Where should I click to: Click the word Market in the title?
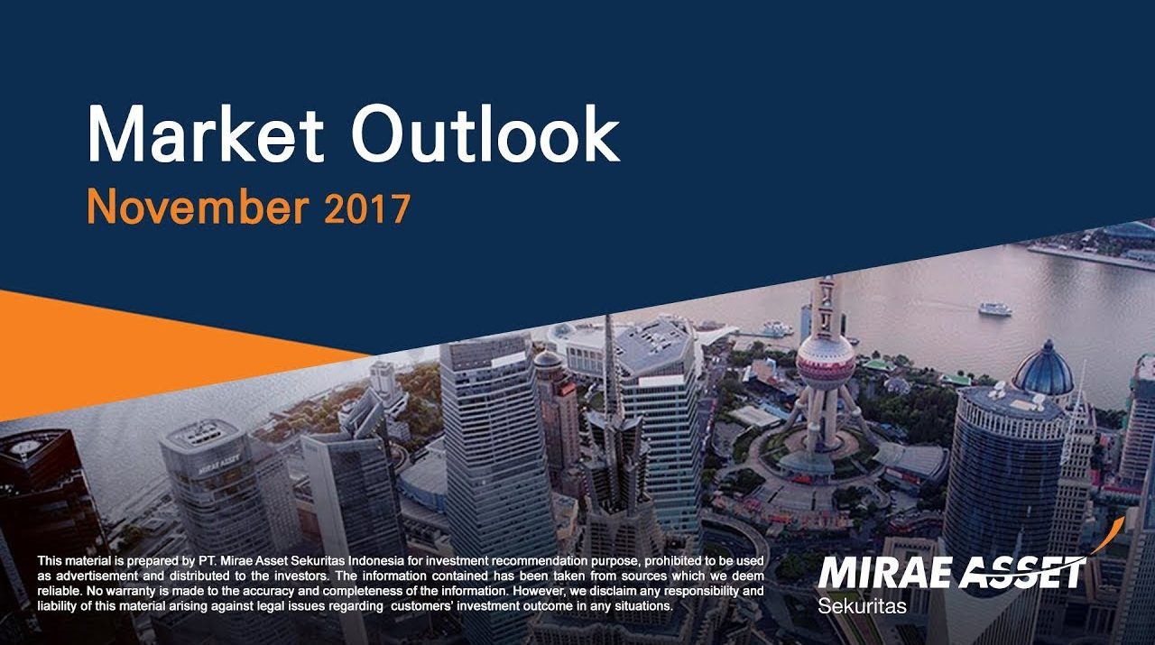206,134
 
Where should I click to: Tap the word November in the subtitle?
198,207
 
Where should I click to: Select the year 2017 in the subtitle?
367,207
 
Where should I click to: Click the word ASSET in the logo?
1023,572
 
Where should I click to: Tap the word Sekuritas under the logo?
862,605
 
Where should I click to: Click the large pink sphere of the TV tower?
826,362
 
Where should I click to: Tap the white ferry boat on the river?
995,309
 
